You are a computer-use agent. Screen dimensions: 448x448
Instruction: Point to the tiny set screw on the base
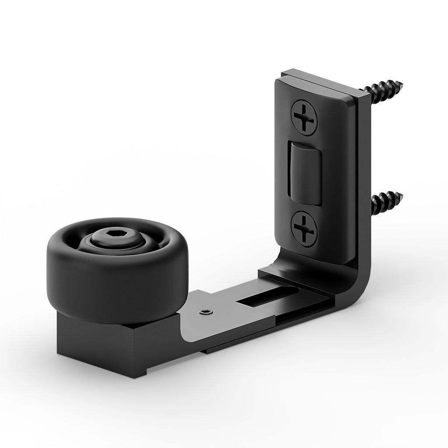(205, 312)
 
